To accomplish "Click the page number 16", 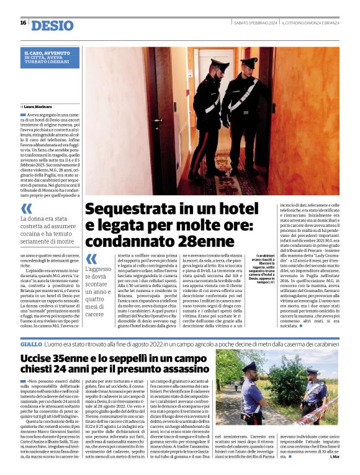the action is [x=23, y=23].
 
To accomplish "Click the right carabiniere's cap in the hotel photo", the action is [x=249, y=61].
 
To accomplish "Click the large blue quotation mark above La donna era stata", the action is [x=26, y=209].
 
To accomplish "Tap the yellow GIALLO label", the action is [x=31, y=343].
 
